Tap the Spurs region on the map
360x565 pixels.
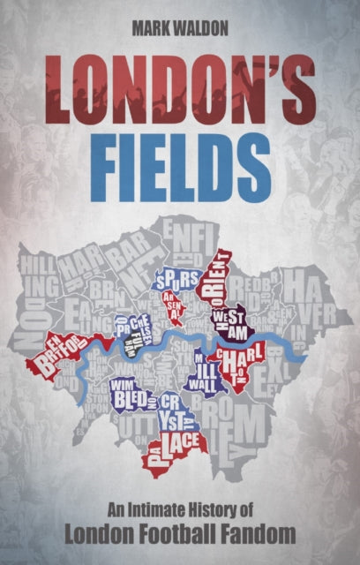tap(173, 281)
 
